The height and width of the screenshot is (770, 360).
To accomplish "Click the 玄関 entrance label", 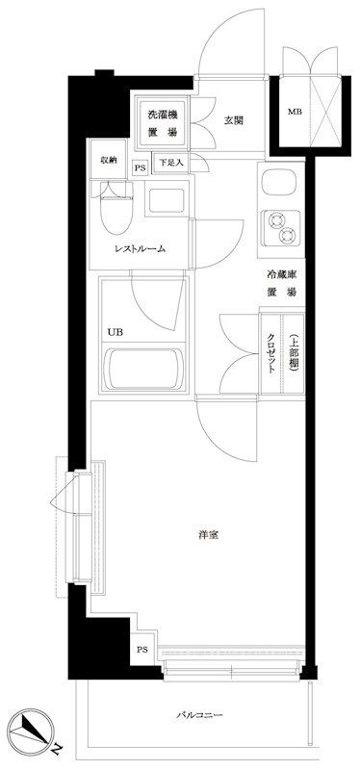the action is pyautogui.click(x=234, y=120).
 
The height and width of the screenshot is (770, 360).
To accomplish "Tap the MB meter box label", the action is pyautogui.click(x=295, y=112).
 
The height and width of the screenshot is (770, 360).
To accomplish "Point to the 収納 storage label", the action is pyautogui.click(x=109, y=160).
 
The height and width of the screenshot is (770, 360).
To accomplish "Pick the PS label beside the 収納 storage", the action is pyautogui.click(x=140, y=168).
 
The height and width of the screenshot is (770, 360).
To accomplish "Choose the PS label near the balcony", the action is pyautogui.click(x=141, y=650).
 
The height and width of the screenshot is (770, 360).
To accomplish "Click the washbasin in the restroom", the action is pyautogui.click(x=167, y=200).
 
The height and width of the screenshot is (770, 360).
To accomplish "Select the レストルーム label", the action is pyautogui.click(x=140, y=248).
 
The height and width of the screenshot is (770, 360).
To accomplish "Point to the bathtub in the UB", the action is pyautogui.click(x=143, y=369).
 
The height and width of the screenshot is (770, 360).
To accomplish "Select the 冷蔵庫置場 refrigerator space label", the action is pyautogui.click(x=281, y=284).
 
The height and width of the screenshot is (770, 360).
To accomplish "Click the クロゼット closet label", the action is pyautogui.click(x=270, y=354).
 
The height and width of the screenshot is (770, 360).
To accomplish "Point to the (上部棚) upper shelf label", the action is pyautogui.click(x=294, y=352).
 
